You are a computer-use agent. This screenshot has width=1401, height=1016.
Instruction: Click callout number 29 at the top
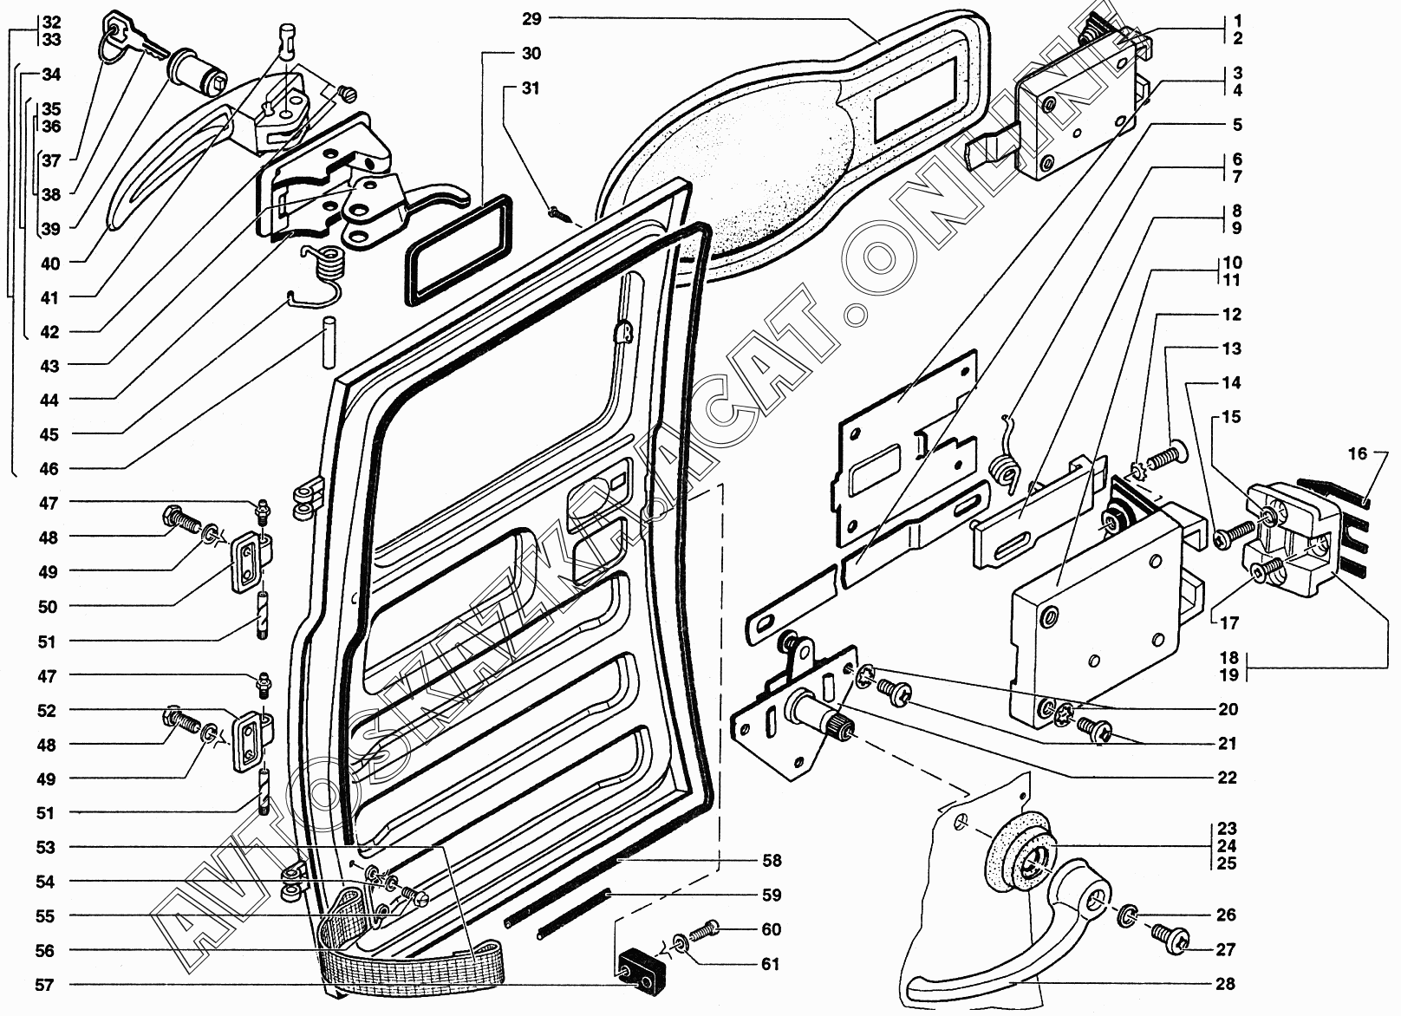click(532, 18)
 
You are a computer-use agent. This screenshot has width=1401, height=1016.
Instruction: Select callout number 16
click(1358, 453)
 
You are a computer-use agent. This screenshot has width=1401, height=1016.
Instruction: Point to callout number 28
click(1225, 984)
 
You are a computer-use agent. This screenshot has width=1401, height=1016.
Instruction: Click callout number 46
click(49, 469)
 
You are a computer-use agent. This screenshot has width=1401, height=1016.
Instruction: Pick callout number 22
click(1227, 778)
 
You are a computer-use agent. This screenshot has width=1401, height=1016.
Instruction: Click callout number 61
click(771, 964)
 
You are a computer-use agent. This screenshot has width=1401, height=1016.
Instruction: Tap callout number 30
click(531, 54)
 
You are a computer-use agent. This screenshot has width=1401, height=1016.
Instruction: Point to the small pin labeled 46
click(329, 342)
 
